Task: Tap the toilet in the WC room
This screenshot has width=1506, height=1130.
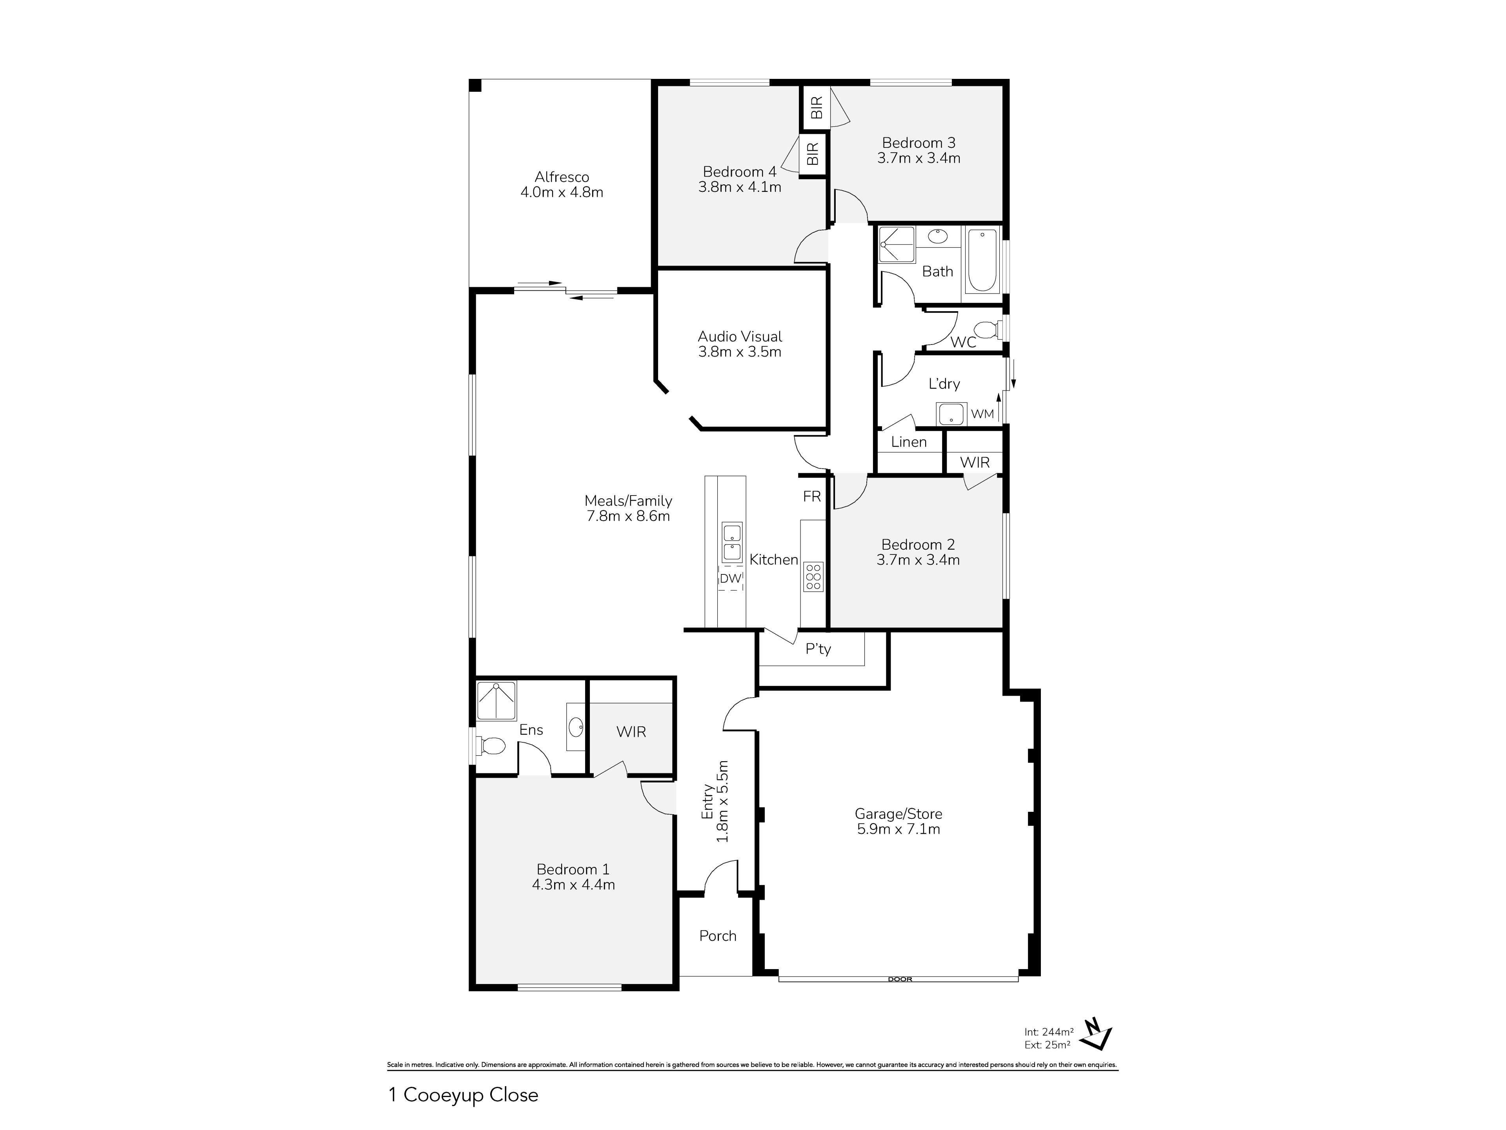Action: (986, 330)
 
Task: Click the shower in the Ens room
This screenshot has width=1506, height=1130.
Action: (497, 700)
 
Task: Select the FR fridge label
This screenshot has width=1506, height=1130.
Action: (811, 497)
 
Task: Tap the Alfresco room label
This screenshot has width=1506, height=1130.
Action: (562, 177)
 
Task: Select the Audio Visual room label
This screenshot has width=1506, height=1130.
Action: (740, 337)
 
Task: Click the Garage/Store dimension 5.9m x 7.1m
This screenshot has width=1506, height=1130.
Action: (899, 829)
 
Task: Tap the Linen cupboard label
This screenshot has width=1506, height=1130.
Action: (909, 442)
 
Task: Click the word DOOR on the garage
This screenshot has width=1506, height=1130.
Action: (900, 979)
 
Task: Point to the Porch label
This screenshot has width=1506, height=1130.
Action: (718, 936)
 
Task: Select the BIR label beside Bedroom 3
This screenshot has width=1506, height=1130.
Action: (817, 107)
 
